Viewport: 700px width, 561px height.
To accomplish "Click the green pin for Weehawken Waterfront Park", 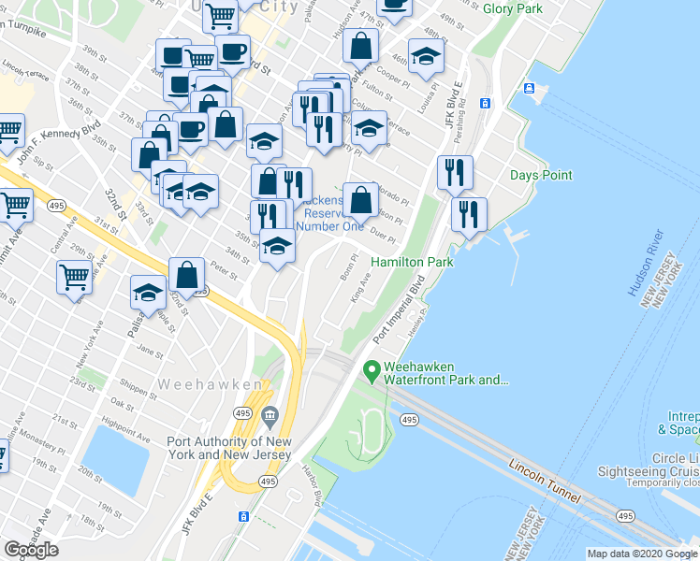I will point(372,372).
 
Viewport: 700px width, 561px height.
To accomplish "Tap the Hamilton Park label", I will point(413,263).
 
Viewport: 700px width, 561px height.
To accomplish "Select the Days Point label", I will point(541,175).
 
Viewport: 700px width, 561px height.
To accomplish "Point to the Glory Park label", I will point(513,8).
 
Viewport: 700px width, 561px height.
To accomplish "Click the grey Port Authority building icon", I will point(270,415).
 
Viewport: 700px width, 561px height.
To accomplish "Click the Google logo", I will point(31,550).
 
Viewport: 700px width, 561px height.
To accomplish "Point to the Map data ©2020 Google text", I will point(642,554).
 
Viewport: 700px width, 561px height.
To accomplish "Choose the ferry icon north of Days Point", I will point(530,89).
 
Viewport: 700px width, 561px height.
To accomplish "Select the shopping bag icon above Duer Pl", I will point(360,198).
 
